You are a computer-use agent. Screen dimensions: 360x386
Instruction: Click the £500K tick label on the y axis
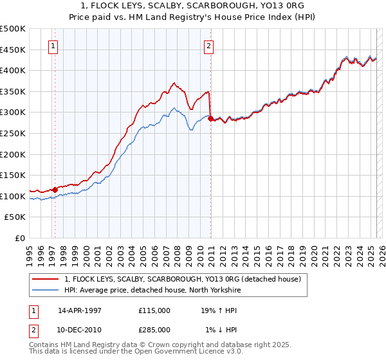[13, 29]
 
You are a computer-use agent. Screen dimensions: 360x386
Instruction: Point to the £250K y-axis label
[13, 133]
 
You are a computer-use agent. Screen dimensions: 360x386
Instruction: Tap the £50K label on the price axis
[15, 217]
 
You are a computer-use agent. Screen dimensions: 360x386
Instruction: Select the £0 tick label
[21, 239]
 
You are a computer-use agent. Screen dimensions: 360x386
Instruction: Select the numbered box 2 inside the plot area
[210, 45]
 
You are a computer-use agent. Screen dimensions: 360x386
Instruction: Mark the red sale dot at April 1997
[55, 190]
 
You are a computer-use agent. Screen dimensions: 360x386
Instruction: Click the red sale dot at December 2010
[210, 119]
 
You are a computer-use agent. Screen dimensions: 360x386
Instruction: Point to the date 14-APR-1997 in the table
[80, 310]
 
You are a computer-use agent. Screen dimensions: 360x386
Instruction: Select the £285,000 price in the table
[154, 329]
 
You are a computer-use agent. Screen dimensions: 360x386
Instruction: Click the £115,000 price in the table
[154, 310]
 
